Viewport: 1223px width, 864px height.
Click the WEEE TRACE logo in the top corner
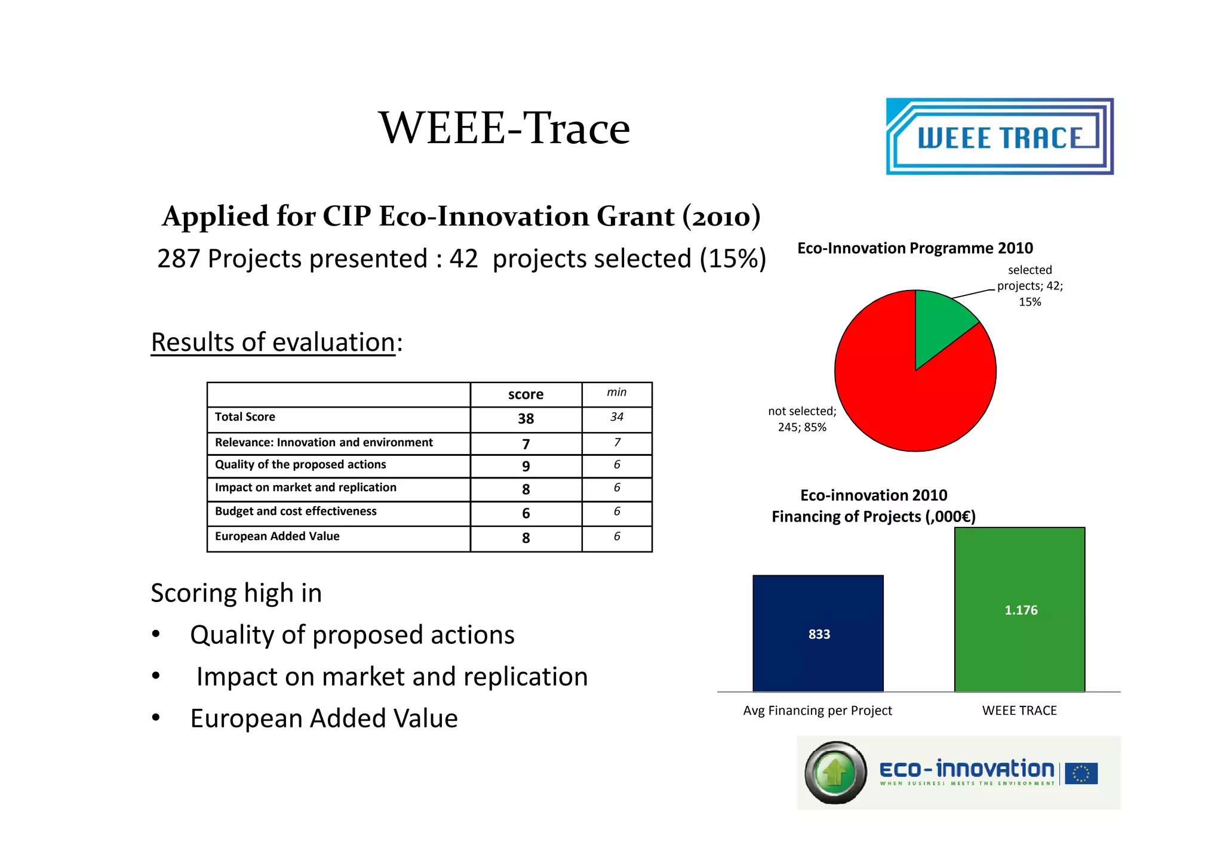point(999,137)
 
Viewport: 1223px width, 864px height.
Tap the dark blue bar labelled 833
point(818,633)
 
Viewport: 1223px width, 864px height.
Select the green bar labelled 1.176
point(1019,609)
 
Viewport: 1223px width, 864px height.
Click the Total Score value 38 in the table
point(526,419)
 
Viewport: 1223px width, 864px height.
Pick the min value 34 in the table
point(616,417)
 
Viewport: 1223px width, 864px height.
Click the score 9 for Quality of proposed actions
point(526,466)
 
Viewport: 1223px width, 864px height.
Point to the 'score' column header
point(526,394)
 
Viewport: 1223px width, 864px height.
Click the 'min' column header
point(616,392)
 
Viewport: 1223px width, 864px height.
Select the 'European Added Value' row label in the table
point(277,536)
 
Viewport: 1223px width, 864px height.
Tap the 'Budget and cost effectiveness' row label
point(296,511)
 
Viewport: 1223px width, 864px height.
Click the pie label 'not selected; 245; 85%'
point(801,419)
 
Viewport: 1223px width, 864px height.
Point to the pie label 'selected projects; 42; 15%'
point(1030,286)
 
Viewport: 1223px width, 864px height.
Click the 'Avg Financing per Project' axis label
point(817,711)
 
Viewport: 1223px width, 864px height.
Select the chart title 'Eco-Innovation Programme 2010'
point(915,248)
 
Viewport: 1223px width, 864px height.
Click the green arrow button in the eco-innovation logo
point(835,773)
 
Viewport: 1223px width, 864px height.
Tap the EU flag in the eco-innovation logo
point(1081,773)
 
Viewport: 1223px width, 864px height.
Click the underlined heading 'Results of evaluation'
point(274,342)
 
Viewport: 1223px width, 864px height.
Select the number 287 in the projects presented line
point(179,259)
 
